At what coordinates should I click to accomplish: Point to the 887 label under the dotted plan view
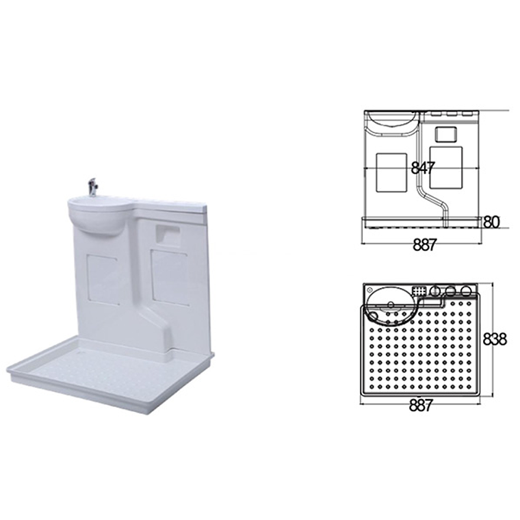click(421, 405)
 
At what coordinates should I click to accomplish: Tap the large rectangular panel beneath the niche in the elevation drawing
click(447, 167)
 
